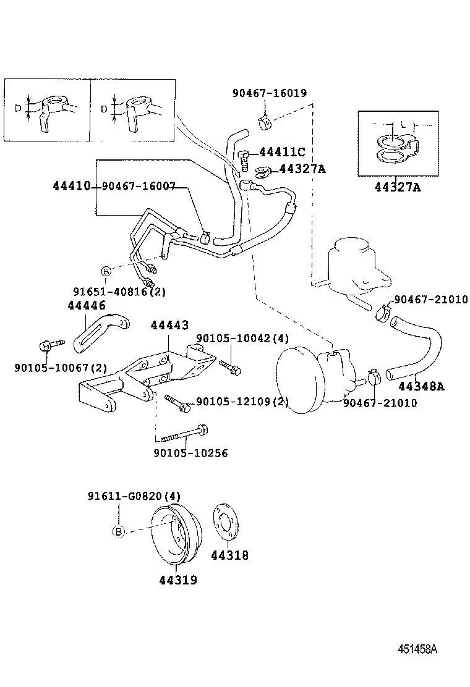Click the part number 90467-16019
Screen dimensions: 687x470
pyautogui.click(x=269, y=93)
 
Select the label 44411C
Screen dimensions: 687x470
pyautogui.click(x=282, y=152)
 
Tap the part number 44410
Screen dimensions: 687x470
pyautogui.click(x=72, y=186)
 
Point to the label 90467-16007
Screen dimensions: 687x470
pyautogui.click(x=139, y=186)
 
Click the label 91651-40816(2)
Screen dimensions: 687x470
pyautogui.click(x=119, y=291)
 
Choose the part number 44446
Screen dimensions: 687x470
pyautogui.click(x=87, y=305)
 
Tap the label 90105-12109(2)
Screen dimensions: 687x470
pyautogui.click(x=242, y=402)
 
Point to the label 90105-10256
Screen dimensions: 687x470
pyautogui.click(x=190, y=453)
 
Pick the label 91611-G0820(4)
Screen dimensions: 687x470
pyautogui.click(x=134, y=496)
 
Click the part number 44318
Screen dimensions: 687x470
pyautogui.click(x=229, y=555)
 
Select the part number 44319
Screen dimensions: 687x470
pyautogui.click(x=177, y=580)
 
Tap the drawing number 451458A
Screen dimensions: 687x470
pyautogui.click(x=417, y=649)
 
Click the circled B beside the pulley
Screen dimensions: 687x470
pyautogui.click(x=119, y=531)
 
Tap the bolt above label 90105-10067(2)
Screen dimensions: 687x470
pyautogui.click(x=50, y=345)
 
